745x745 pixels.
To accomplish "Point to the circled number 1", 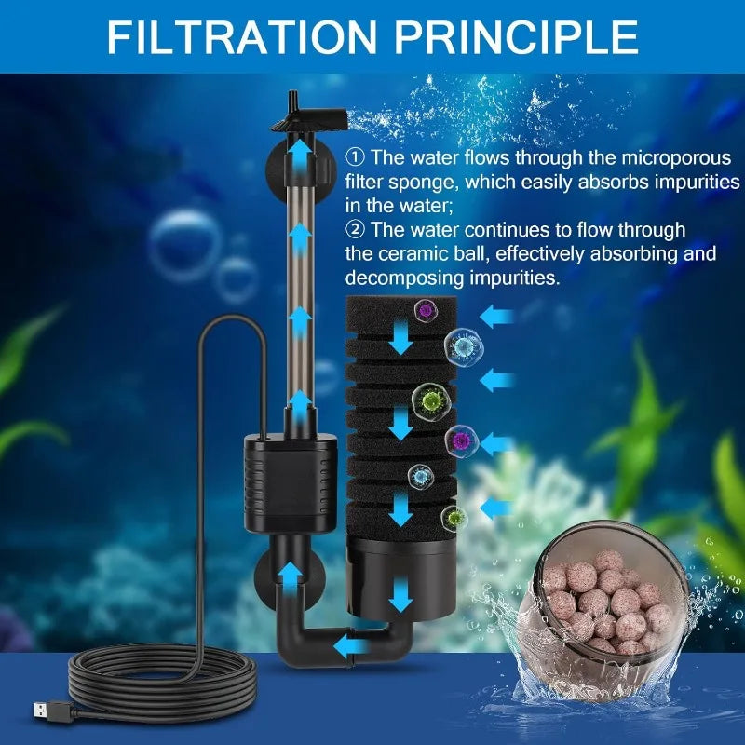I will (x=354, y=156).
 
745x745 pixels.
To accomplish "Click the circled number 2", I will (x=354, y=229).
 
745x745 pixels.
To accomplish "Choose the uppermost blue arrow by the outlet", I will (x=300, y=151).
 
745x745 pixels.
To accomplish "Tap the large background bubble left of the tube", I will (x=184, y=245).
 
